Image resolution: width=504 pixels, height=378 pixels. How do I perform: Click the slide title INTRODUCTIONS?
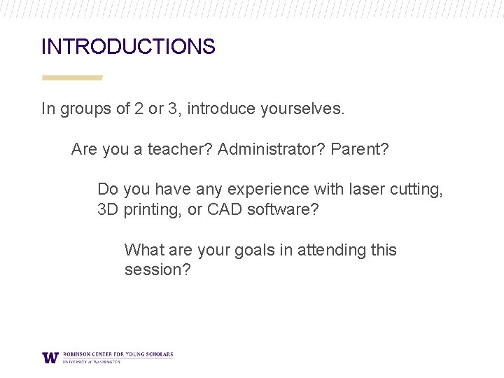(x=128, y=47)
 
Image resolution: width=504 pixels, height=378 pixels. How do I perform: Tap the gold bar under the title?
(x=72, y=78)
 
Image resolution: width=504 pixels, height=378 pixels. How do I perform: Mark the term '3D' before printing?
(x=108, y=209)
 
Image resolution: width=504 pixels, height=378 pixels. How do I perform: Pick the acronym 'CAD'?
(x=225, y=209)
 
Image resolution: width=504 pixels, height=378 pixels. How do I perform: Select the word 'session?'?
(x=157, y=270)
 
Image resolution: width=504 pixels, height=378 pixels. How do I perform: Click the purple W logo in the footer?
(x=50, y=357)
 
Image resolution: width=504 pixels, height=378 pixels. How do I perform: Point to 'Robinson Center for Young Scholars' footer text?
(x=118, y=354)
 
